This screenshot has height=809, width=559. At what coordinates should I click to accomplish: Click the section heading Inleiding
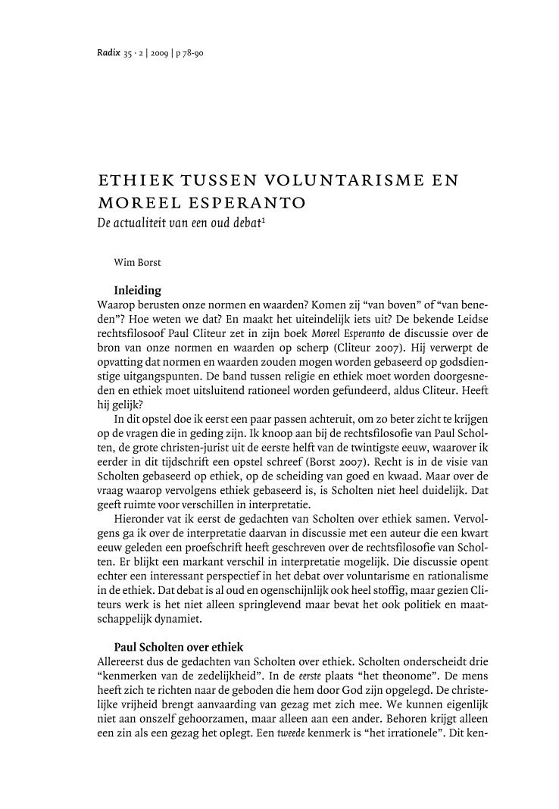tap(137, 289)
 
